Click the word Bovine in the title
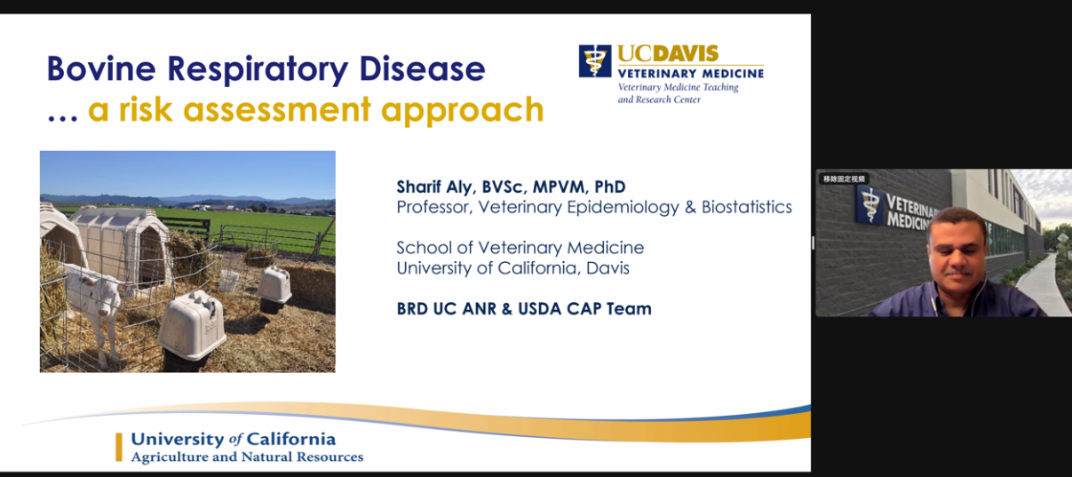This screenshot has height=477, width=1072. [101, 68]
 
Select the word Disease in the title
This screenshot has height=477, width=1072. [422, 68]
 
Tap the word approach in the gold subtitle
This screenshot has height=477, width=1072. [463, 111]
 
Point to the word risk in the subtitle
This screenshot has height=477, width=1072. [146, 109]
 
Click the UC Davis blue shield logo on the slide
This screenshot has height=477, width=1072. [595, 61]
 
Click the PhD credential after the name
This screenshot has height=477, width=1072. [609, 187]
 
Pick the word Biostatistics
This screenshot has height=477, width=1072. [747, 207]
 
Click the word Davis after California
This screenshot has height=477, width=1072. [607, 268]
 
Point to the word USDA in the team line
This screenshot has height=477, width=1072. [540, 309]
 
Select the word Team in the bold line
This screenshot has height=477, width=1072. [629, 309]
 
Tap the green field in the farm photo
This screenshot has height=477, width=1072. [249, 225]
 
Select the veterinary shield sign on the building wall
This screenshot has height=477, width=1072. [870, 205]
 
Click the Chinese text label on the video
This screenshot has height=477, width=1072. [845, 179]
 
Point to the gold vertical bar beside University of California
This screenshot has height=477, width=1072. [119, 448]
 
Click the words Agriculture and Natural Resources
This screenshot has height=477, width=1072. [248, 457]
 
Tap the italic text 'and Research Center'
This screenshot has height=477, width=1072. [659, 99]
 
